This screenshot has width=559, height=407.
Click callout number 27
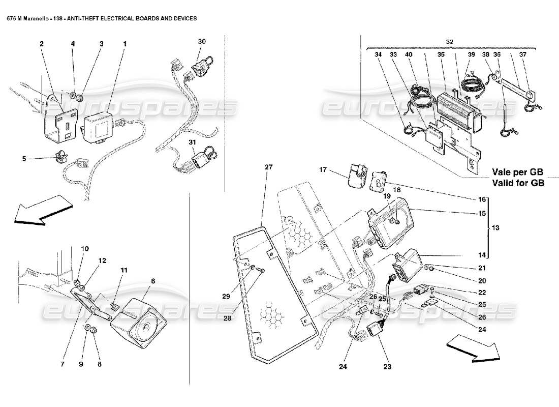tap(268, 167)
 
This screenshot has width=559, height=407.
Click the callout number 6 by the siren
tap(153, 280)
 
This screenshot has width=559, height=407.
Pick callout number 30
tap(202, 41)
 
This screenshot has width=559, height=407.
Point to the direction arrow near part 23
tap(472, 350)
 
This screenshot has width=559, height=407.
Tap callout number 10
tap(84, 249)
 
